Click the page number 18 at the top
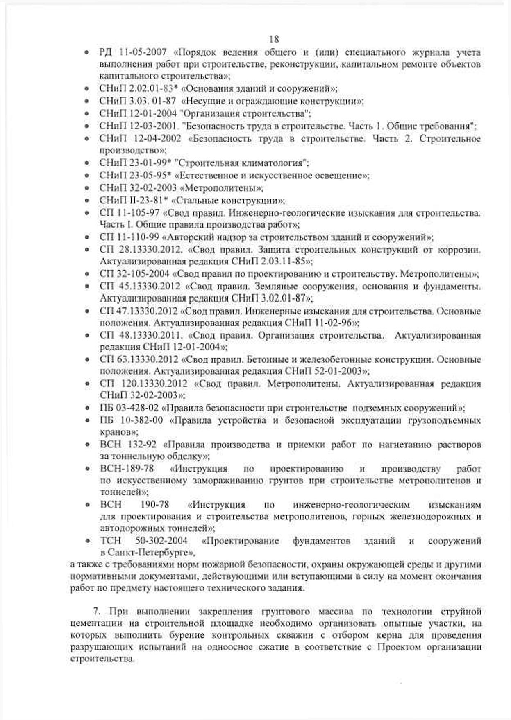point(274,39)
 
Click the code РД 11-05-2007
point(133,52)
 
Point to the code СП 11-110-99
point(129,237)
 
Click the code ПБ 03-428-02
point(129,408)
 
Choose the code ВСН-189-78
point(127,468)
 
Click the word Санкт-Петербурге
point(148,553)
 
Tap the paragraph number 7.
point(96,612)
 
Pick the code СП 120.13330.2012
point(143,384)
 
